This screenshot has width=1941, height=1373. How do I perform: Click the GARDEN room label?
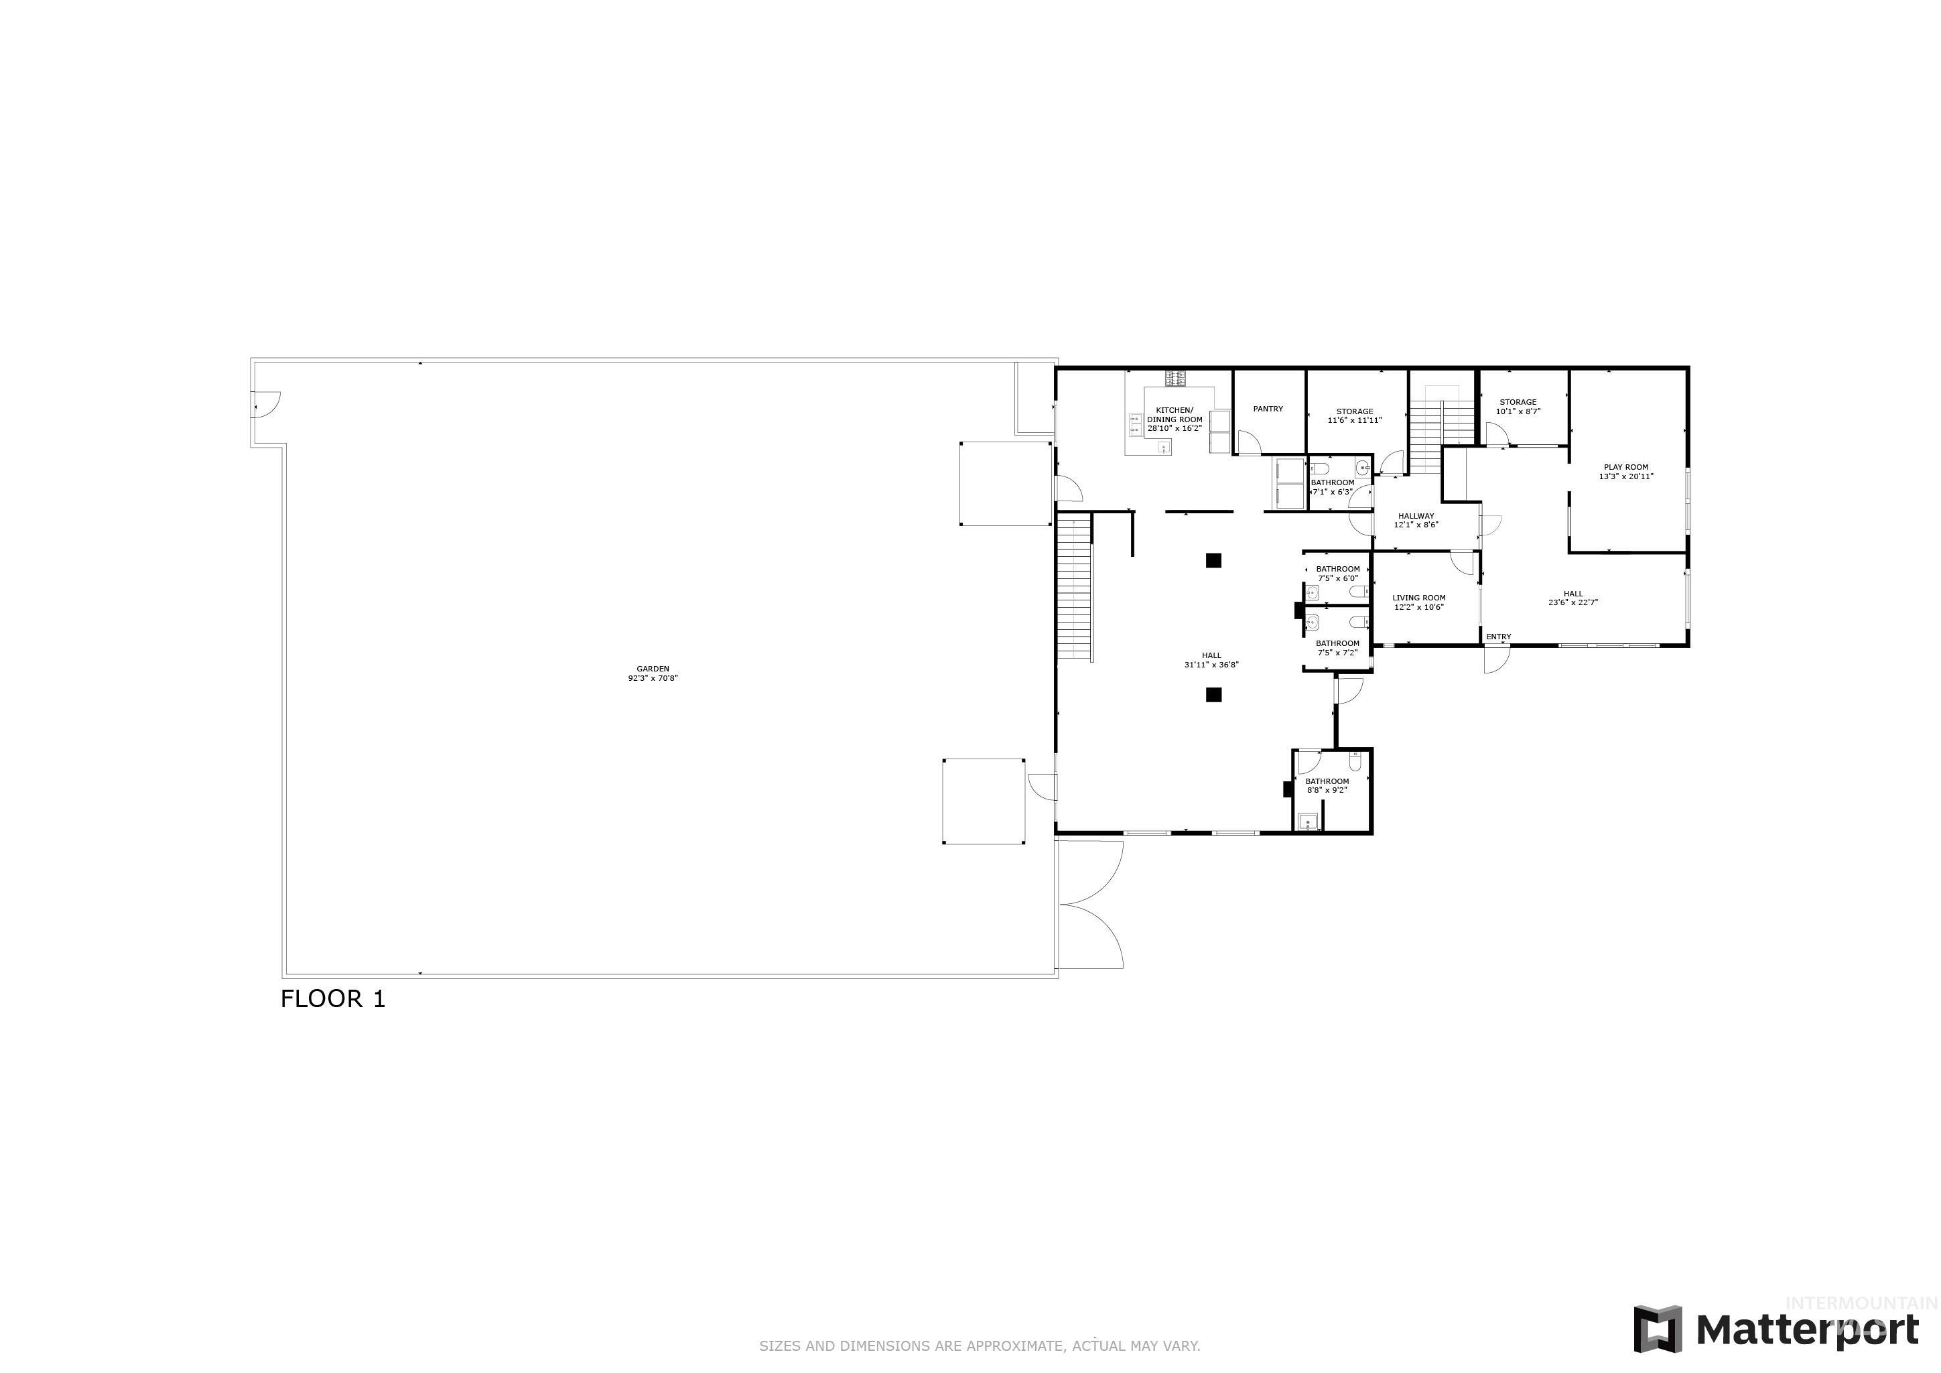click(x=653, y=669)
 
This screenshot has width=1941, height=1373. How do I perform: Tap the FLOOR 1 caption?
click(x=333, y=999)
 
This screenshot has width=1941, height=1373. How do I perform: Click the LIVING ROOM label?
click(x=1418, y=598)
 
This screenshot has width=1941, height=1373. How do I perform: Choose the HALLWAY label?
click(x=1416, y=516)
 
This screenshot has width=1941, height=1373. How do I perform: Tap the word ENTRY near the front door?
click(x=1499, y=637)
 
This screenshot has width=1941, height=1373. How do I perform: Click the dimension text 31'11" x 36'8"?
click(x=1211, y=665)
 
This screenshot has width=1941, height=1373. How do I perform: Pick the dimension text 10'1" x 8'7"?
click(x=1518, y=411)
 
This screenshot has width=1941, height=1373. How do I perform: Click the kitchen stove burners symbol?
click(x=1176, y=378)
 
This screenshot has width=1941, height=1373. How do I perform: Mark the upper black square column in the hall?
click(x=1214, y=560)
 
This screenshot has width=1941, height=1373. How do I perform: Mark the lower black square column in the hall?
click(x=1214, y=695)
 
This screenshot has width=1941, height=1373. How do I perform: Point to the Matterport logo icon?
click(x=1657, y=1329)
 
